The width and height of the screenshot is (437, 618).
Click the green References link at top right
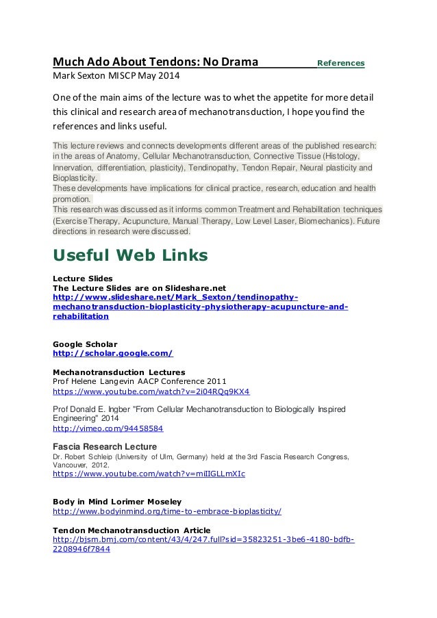341,63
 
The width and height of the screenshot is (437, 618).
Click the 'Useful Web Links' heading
131,256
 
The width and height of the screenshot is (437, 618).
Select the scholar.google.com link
113,353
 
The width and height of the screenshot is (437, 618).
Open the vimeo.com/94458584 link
108,428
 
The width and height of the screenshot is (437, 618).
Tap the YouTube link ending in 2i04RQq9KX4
151,392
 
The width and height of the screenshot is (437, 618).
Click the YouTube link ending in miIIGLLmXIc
149,473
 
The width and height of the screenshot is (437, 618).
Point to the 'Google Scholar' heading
85,343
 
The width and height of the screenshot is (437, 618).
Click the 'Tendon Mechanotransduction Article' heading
132,530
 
